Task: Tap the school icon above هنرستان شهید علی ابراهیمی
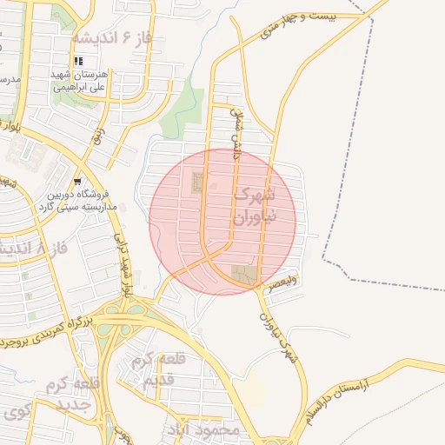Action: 78,61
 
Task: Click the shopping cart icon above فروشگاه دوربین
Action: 78,182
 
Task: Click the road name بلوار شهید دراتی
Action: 123,260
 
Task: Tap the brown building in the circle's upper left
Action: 197,183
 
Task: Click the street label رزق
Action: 98,131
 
